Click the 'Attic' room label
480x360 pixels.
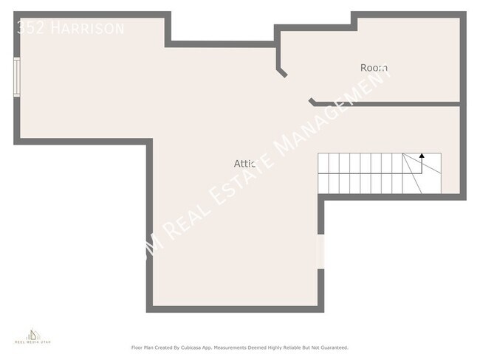tap(244, 163)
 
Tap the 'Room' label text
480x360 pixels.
tap(374, 68)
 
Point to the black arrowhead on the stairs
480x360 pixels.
tap(422, 156)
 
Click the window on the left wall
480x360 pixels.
tap(17, 77)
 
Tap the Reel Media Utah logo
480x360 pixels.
tap(34, 339)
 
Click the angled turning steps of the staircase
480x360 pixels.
tap(421, 174)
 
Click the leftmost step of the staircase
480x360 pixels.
tap(323, 174)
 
